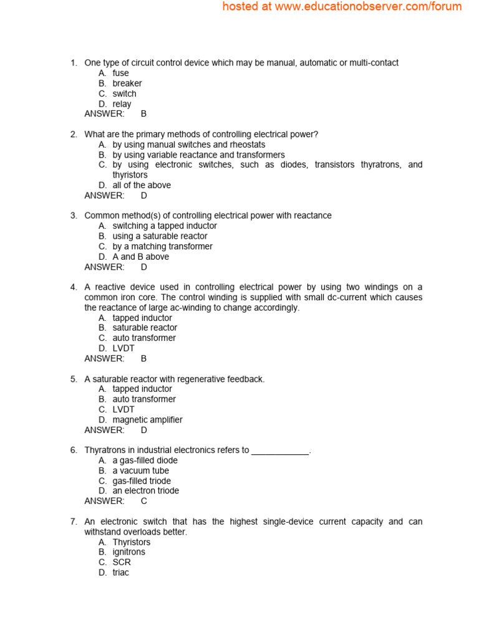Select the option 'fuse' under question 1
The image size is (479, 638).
120,73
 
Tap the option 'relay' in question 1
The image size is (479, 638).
122,104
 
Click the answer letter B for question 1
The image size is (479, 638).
143,114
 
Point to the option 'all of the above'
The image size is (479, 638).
142,185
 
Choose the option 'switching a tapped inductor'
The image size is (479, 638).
165,226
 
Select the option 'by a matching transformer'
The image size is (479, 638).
162,246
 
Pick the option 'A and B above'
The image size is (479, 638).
140,257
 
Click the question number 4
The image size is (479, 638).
73,287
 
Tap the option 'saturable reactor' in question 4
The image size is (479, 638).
145,328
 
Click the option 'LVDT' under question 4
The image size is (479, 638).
123,348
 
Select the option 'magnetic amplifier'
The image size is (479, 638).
147,420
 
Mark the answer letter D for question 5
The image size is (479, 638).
143,430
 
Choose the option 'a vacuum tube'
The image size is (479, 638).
140,470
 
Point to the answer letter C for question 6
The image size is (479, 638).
143,501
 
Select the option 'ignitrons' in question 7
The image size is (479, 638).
128,552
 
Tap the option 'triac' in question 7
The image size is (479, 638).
120,573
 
